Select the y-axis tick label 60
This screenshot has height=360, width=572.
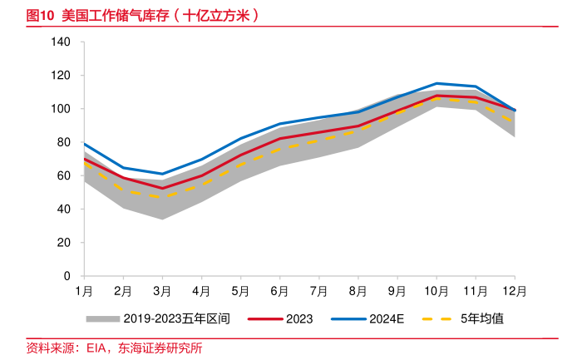tap(64, 175)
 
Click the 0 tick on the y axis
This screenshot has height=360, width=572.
tap(67, 275)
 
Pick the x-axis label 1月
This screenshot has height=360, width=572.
tap(83, 291)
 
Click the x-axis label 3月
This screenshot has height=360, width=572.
tap(162, 291)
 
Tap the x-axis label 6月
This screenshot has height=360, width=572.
tap(279, 291)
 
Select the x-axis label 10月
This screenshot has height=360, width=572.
tap(436, 291)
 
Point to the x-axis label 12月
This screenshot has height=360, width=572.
tap(515, 291)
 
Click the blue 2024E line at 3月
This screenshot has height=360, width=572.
tap(162, 174)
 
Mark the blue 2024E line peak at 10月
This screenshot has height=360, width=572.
tap(436, 83)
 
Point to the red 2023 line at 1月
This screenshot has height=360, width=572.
tap(84, 158)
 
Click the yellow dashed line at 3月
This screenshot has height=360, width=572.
tap(162, 197)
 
